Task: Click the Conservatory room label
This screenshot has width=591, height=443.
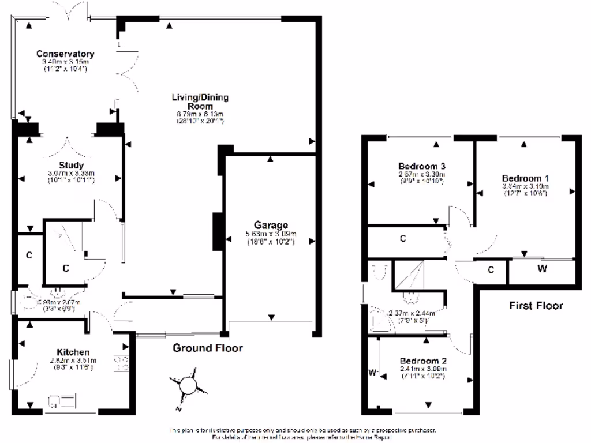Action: point(65,54)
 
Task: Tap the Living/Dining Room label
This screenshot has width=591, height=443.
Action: point(192,102)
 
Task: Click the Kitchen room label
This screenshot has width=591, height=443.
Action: point(73,352)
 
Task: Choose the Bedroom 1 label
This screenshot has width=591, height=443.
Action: point(525,178)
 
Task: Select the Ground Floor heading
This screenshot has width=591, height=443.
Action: point(208,348)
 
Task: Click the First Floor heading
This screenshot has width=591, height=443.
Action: point(536,305)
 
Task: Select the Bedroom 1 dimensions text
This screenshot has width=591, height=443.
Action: point(525,186)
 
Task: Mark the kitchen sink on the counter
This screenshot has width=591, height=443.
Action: point(63,399)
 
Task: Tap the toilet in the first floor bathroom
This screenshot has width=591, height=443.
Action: point(379,272)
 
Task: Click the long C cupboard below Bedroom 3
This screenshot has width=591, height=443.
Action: point(403,238)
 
